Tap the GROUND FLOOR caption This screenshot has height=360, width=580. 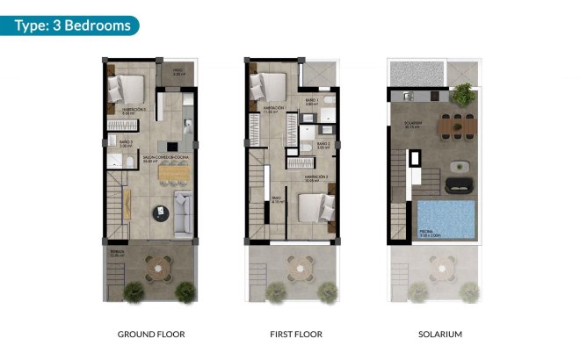pos(151,335)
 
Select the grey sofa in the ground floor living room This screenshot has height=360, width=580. pos(184,214)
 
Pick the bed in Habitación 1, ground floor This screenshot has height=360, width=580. pos(127,90)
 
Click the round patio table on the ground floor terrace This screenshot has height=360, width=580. pos(160,265)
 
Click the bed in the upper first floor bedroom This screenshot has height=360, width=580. pos(267,86)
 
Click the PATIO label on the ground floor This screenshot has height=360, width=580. pos(177,73)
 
